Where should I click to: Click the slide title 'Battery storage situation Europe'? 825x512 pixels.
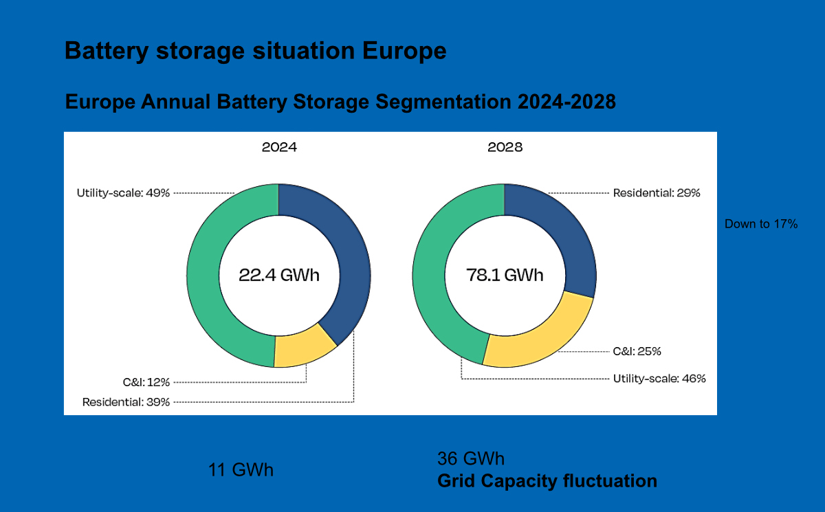(x=255, y=52)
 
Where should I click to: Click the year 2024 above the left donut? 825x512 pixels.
(x=279, y=147)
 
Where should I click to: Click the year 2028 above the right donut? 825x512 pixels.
(x=505, y=147)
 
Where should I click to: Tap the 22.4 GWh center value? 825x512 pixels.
(x=279, y=276)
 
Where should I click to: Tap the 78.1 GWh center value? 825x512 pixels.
(x=505, y=276)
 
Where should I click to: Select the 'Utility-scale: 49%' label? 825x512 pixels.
(x=123, y=193)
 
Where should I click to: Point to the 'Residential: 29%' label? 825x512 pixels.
(x=657, y=193)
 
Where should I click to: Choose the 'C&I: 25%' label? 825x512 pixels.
(x=637, y=351)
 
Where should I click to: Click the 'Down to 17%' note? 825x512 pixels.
(x=761, y=224)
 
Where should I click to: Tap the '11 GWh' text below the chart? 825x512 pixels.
(x=241, y=471)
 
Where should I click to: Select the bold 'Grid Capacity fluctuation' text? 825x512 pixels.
(x=547, y=481)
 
